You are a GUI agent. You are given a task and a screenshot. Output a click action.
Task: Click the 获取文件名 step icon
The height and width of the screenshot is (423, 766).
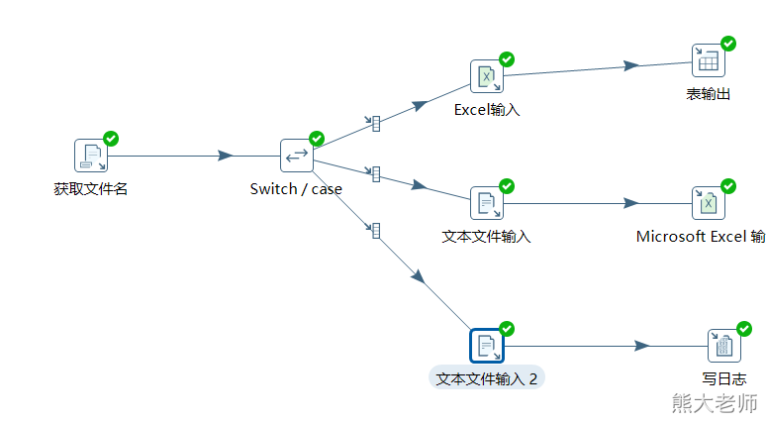(91, 156)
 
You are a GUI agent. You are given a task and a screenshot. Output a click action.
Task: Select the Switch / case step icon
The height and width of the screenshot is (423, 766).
(296, 156)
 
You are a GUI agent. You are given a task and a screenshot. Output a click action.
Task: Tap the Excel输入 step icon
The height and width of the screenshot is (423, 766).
(486, 76)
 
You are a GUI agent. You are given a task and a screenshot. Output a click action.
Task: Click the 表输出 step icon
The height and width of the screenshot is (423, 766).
(708, 61)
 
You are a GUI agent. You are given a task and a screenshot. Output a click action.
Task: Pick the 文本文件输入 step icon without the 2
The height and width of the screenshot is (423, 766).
(486, 203)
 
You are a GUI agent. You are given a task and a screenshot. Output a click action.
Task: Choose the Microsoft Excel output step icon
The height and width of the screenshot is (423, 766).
(708, 203)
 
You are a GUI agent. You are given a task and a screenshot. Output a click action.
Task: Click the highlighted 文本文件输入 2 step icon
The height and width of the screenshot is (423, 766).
(486, 346)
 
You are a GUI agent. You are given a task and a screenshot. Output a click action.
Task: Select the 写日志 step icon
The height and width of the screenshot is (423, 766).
(723, 346)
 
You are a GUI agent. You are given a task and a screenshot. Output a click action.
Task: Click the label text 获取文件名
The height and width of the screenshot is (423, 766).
(91, 188)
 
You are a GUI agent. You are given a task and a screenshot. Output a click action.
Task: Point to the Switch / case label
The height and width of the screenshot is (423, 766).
(296, 188)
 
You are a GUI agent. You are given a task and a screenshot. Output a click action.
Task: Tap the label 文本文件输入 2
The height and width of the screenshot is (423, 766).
(486, 378)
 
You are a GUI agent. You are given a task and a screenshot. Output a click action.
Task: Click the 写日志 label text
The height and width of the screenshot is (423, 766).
(723, 378)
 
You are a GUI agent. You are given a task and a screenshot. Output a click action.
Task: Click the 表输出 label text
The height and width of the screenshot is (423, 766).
(708, 94)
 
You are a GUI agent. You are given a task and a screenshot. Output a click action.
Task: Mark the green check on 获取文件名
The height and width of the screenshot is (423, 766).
(111, 138)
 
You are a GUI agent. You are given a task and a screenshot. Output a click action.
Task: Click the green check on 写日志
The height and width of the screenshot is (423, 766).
(743, 328)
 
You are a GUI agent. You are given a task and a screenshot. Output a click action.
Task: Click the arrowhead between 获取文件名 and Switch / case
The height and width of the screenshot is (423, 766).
(226, 156)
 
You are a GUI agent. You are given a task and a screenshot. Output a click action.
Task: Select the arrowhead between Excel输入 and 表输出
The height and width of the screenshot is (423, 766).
(631, 65)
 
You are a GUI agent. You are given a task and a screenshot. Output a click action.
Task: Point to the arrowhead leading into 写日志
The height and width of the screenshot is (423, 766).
(642, 346)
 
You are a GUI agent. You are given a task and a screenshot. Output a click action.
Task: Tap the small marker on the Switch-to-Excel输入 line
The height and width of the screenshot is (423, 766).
(375, 123)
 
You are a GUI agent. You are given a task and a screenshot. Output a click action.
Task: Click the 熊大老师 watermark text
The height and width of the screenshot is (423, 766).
(714, 403)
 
